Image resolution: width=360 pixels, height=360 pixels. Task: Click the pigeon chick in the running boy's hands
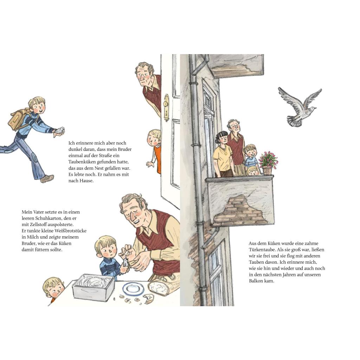click(60, 130)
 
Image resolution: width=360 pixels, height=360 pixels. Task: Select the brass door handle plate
click(166, 107)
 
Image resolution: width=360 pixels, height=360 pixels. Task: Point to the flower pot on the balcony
click(267, 170)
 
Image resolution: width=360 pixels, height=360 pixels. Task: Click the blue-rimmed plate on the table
click(133, 289)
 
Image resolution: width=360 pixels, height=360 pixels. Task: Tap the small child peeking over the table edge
click(54, 290)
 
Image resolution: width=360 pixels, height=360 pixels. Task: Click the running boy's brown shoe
click(47, 178)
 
